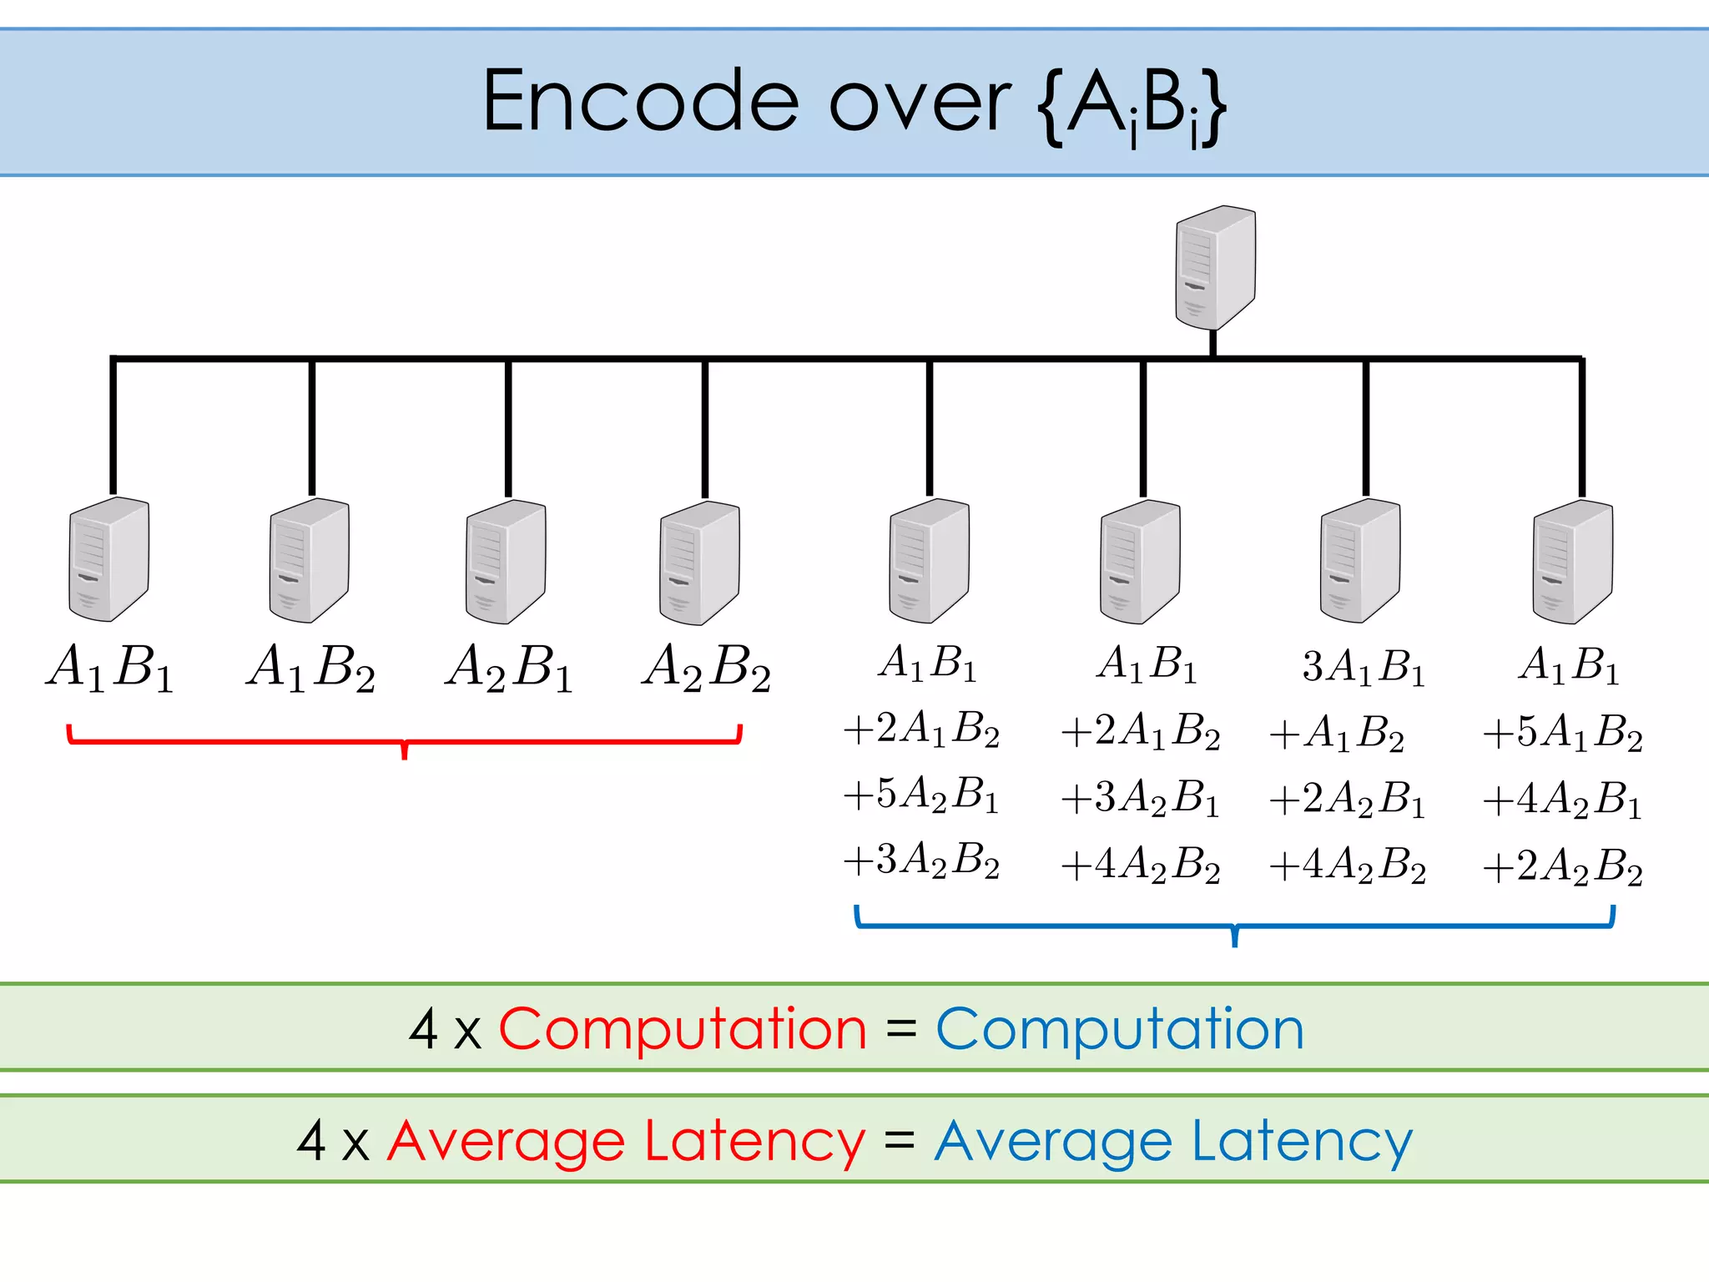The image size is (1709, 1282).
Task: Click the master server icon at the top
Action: (x=1215, y=267)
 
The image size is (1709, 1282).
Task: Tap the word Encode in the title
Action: (x=640, y=102)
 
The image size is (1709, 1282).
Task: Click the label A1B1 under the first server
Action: (x=110, y=668)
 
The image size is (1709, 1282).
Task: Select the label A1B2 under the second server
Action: (x=310, y=668)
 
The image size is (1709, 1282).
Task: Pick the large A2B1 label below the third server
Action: (x=509, y=668)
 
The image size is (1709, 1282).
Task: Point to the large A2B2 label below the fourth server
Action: (x=706, y=668)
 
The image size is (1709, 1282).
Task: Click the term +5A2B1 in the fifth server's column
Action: (x=921, y=795)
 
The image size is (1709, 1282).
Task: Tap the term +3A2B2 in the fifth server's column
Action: (x=921, y=860)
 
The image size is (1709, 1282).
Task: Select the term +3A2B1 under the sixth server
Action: (x=1140, y=798)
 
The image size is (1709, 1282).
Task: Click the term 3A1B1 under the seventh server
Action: (x=1364, y=668)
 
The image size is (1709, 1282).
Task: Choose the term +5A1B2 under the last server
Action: (x=1562, y=733)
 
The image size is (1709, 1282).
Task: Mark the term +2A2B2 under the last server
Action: (x=1562, y=866)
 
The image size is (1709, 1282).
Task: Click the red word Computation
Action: (x=683, y=1028)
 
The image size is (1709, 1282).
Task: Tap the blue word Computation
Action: (x=1120, y=1028)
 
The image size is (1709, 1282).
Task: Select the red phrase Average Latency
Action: (x=626, y=1142)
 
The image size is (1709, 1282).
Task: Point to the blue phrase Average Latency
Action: (x=1173, y=1142)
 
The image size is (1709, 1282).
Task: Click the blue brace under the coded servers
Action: (x=1235, y=926)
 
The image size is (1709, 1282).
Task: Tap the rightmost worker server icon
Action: (x=1572, y=561)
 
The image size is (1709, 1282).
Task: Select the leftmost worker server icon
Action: (x=108, y=559)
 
